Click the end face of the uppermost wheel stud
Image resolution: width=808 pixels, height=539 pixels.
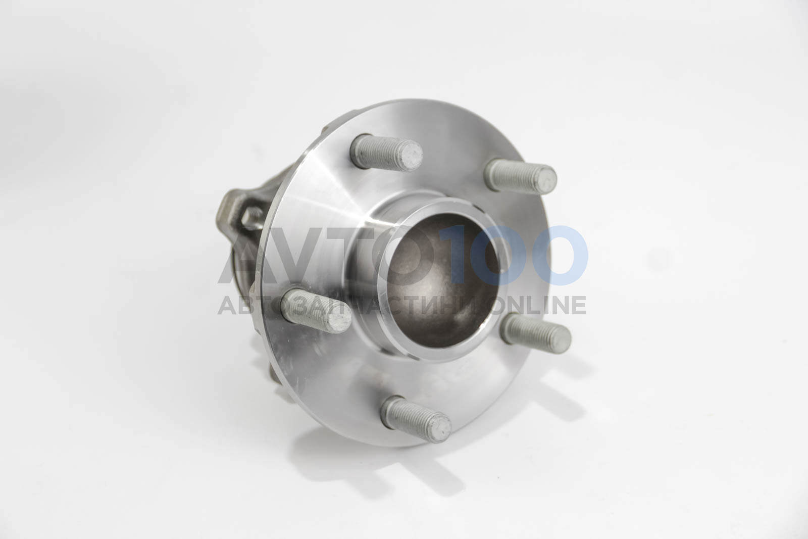click(411, 156)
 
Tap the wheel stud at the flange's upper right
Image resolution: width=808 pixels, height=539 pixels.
click(520, 176)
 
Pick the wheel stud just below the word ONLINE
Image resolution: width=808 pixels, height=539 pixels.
click(536, 333)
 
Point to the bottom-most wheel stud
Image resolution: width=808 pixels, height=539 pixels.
click(416, 419)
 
